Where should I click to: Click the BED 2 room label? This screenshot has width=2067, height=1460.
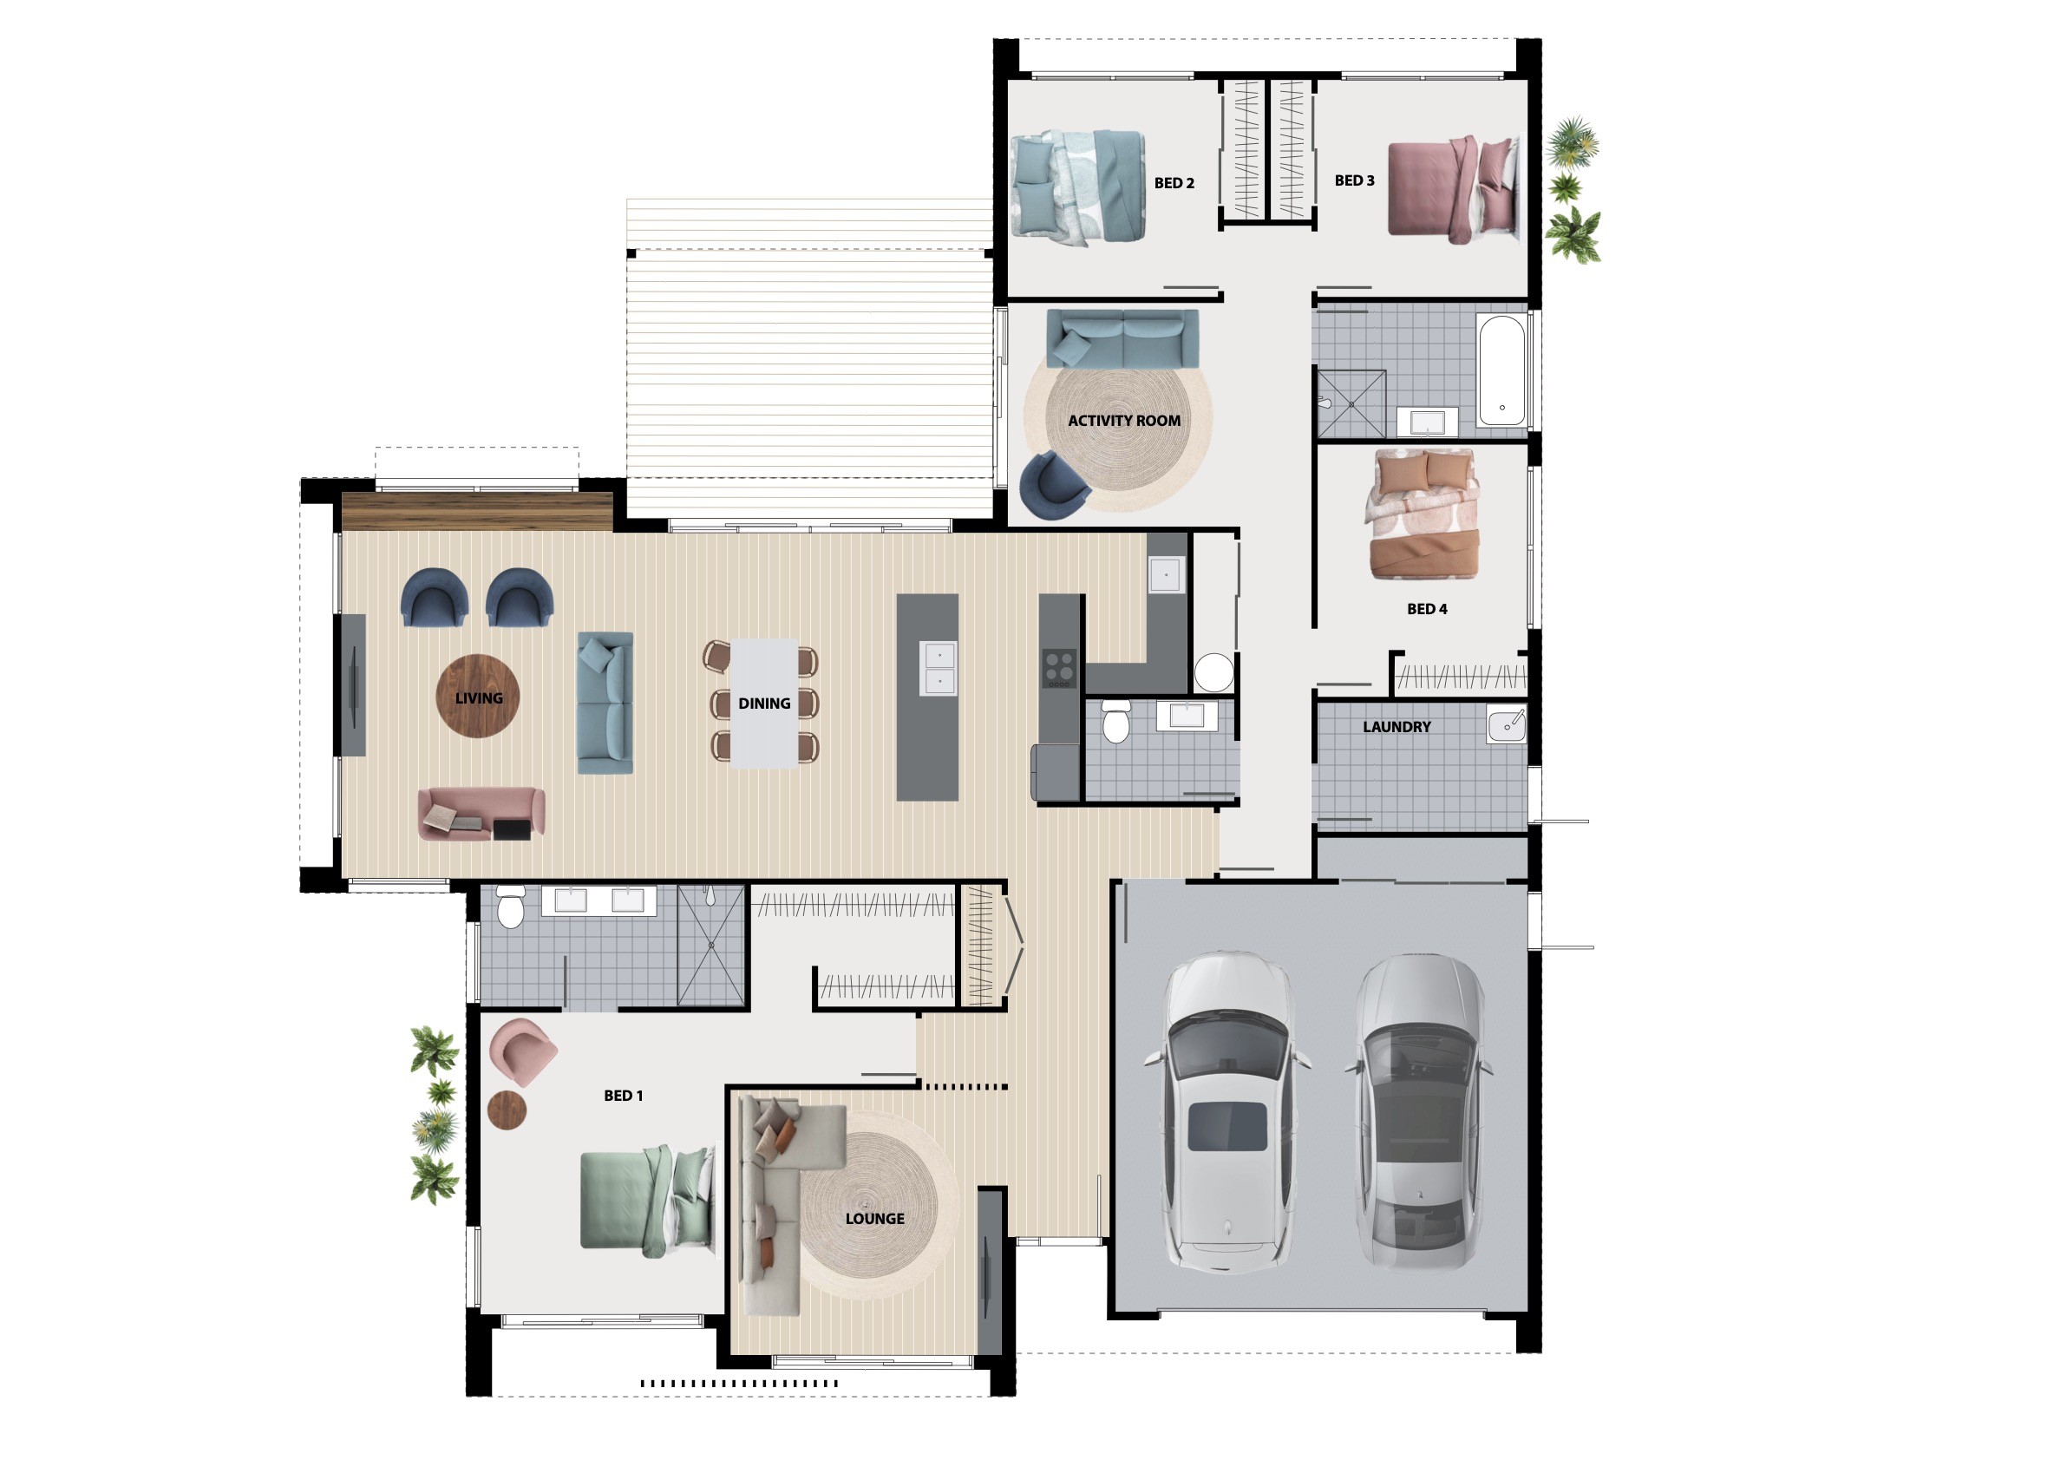click(1174, 184)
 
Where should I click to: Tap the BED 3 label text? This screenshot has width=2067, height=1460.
click(1354, 181)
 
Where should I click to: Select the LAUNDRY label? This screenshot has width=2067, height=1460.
click(1397, 727)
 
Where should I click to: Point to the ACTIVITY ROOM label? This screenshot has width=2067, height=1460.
click(1123, 422)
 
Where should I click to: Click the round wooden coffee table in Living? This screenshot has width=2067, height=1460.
click(477, 697)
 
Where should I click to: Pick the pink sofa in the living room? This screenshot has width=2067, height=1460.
click(481, 815)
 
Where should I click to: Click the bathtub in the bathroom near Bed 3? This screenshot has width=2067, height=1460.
click(1501, 370)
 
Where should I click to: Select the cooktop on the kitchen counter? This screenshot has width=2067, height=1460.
click(1059, 669)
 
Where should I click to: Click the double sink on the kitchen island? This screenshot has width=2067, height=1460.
click(937, 668)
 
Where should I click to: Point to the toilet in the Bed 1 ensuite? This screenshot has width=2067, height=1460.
click(510, 907)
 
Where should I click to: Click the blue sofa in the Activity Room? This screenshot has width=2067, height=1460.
click(1122, 338)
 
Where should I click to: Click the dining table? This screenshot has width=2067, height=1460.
click(763, 703)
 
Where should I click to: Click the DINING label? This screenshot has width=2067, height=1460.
click(764, 704)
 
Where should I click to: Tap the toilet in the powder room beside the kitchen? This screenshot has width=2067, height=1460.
click(1115, 722)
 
